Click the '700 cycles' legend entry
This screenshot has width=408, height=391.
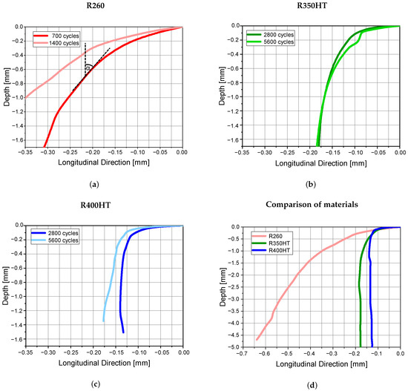tap(66, 35)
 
